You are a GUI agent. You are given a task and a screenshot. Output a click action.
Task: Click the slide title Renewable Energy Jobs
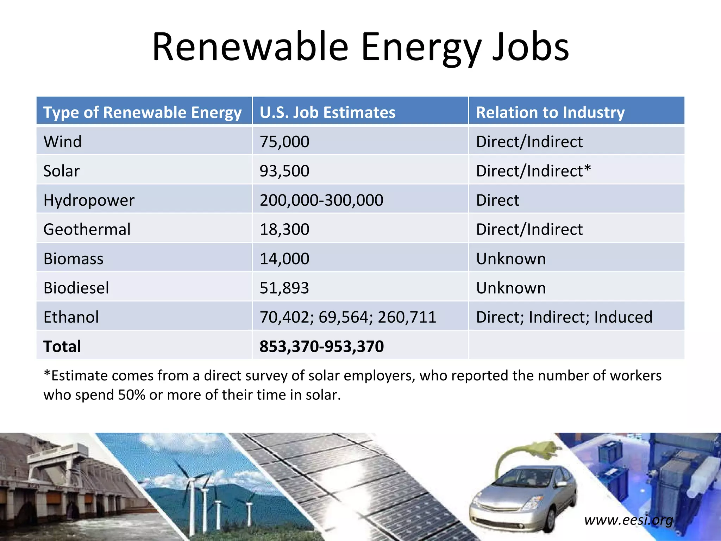click(360, 48)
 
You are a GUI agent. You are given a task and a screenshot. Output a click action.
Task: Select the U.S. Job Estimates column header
click(327, 112)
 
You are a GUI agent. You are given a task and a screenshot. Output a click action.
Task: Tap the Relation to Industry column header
click(550, 112)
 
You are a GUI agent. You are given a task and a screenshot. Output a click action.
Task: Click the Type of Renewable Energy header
click(142, 112)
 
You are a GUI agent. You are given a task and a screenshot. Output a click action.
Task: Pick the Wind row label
click(63, 142)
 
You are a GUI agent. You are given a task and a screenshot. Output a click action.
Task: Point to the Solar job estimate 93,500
click(284, 171)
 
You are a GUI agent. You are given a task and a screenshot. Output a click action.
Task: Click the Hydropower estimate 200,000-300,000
click(321, 200)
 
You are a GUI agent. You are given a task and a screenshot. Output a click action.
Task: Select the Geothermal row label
click(87, 229)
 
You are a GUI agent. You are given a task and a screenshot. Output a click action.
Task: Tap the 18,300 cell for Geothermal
click(284, 229)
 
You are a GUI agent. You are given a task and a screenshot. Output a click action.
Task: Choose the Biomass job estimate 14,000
click(284, 259)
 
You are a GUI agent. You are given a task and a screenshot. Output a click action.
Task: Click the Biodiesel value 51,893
click(284, 288)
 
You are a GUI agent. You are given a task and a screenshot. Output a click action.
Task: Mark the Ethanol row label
click(71, 317)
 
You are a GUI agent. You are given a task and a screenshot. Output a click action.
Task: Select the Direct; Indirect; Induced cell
click(564, 317)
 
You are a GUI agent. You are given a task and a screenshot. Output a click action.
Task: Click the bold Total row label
click(62, 346)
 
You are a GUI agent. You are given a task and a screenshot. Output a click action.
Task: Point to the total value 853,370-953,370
click(321, 346)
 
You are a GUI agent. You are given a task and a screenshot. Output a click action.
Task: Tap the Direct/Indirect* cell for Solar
click(533, 171)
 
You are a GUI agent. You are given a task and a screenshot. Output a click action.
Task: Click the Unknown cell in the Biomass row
click(511, 259)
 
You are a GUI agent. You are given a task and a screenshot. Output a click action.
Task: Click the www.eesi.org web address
click(628, 520)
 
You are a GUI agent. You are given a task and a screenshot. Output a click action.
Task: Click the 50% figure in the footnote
click(131, 395)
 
